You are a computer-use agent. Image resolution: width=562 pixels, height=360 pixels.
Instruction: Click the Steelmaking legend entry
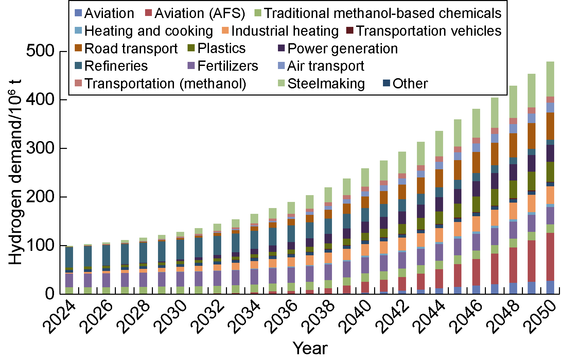point(326,84)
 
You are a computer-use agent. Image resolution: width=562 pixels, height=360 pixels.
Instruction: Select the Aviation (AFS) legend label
point(199,13)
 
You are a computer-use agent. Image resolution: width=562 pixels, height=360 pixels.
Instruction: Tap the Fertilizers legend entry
point(227,66)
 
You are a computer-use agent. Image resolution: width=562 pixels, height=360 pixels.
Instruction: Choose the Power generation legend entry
point(342,49)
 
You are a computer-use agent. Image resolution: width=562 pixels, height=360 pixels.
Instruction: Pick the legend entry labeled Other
point(410,84)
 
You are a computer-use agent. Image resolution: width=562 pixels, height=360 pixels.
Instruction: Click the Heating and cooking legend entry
point(148,31)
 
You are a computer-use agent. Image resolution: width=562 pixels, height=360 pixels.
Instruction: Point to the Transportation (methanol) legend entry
point(165,84)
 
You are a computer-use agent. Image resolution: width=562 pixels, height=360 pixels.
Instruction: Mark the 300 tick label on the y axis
point(40,148)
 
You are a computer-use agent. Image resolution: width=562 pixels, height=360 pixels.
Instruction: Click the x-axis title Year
point(310,348)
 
